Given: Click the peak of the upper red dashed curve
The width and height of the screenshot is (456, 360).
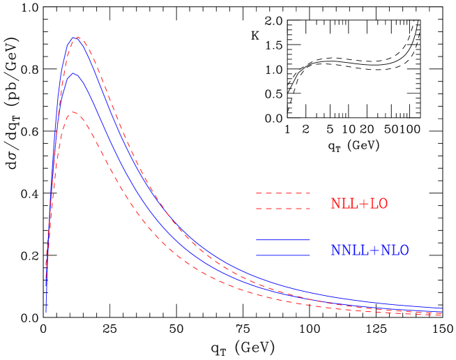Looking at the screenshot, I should (77, 37).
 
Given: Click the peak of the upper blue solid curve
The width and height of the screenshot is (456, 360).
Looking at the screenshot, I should (74, 38).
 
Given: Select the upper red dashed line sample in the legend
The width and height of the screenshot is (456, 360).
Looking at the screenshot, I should (282, 193).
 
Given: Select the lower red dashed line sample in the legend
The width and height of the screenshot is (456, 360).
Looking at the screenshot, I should (282, 209).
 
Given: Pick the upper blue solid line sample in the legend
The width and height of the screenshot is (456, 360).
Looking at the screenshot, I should (282, 240).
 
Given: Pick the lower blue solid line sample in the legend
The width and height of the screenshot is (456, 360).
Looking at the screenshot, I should (282, 255).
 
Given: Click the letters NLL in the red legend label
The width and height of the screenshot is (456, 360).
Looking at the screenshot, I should (342, 204).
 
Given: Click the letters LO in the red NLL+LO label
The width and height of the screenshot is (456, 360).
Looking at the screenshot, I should (379, 204).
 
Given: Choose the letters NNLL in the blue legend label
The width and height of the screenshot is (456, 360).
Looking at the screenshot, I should (346, 250).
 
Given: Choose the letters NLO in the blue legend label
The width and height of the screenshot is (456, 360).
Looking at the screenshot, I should (395, 250).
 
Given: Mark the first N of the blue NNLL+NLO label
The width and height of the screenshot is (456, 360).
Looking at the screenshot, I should (334, 250).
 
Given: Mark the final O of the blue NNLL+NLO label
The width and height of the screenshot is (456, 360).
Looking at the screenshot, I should (404, 250).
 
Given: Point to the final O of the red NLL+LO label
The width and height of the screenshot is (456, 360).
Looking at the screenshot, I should (383, 204).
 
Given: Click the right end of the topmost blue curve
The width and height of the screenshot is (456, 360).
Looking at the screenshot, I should (442, 308).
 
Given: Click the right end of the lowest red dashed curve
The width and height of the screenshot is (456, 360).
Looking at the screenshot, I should (442, 315).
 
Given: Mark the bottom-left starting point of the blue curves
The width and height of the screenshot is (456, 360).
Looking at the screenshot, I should (46, 312).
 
